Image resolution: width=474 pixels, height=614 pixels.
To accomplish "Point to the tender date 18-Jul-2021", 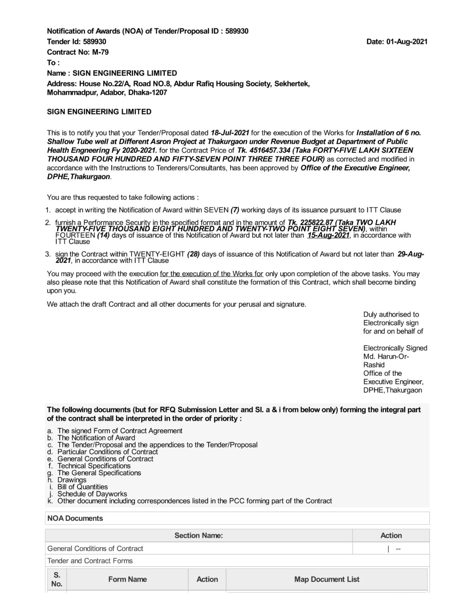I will [x=230, y=133].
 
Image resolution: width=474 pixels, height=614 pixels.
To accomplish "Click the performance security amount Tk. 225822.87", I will [x=310, y=222].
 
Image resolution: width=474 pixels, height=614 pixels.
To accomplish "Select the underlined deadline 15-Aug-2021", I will [x=328, y=235].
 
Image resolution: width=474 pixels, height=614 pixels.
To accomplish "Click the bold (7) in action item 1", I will [x=235, y=210].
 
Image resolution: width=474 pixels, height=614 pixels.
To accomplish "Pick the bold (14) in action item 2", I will [x=103, y=235].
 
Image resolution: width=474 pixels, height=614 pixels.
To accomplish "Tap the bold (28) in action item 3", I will [x=193, y=254].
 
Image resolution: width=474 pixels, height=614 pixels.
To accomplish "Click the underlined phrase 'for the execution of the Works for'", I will [x=211, y=274].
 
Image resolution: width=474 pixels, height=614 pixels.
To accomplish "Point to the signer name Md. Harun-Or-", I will [x=386, y=357].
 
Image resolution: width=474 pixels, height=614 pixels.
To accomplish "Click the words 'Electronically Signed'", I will [x=395, y=348].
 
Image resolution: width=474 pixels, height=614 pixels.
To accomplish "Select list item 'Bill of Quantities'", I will [x=82, y=487].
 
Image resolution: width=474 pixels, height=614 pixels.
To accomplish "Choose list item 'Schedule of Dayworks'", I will [x=92, y=494].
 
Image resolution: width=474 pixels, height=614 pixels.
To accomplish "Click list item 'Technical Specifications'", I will [x=94, y=466].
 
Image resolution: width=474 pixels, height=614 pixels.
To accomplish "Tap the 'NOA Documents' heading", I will [x=75, y=518].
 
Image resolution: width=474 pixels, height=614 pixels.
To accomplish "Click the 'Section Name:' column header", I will [x=198, y=536].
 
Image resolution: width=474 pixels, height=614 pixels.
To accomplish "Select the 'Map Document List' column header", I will [x=327, y=579].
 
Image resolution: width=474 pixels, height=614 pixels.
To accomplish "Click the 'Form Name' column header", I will [x=127, y=579].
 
